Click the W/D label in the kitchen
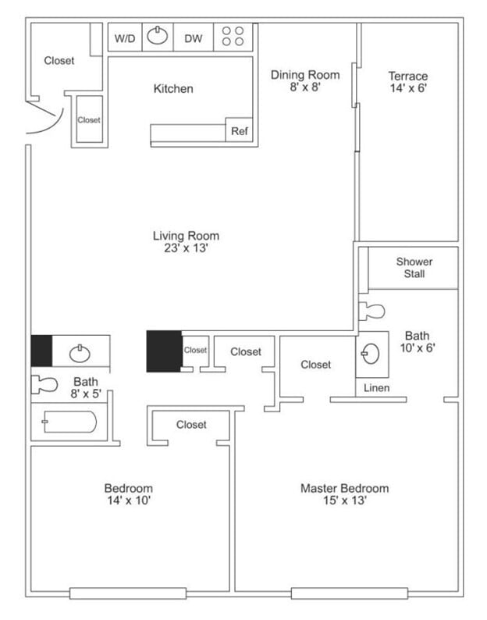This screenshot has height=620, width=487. pyautogui.click(x=123, y=37)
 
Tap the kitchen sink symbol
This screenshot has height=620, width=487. pyautogui.click(x=158, y=37)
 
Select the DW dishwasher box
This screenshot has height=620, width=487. pyautogui.click(x=194, y=37)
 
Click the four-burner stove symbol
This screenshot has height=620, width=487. pyautogui.click(x=233, y=37)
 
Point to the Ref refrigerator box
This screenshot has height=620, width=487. pyautogui.click(x=239, y=132)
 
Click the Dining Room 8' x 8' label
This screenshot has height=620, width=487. pyautogui.click(x=305, y=81)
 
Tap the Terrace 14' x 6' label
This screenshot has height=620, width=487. pyautogui.click(x=408, y=82)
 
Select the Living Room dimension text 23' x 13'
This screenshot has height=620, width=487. pyautogui.click(x=186, y=248)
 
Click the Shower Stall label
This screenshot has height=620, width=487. pyautogui.click(x=414, y=268)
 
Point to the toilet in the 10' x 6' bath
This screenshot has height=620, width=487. pyautogui.click(x=372, y=312)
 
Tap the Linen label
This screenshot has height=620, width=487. pyautogui.click(x=377, y=388)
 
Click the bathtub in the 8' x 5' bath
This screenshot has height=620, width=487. pyautogui.click(x=69, y=423)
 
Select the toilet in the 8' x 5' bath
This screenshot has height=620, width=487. pyautogui.click(x=45, y=384)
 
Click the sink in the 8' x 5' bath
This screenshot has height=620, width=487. pyautogui.click(x=80, y=353)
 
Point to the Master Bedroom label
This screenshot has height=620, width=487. pyautogui.click(x=344, y=489)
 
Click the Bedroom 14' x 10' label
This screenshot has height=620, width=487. pyautogui.click(x=129, y=494)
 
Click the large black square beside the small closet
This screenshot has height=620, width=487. pyautogui.click(x=164, y=351)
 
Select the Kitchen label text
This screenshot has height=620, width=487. pyautogui.click(x=172, y=89)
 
